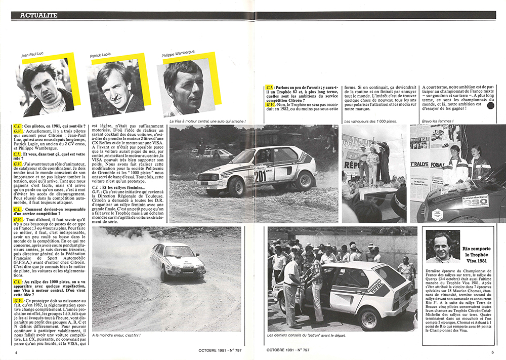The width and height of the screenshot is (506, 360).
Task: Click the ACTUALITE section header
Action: coord(38,15)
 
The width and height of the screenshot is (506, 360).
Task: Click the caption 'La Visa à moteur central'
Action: coord(207,122)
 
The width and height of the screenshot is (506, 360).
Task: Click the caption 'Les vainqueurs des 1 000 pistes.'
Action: coord(368,122)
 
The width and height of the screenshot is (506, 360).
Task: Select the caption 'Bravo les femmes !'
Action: coord(438,122)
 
